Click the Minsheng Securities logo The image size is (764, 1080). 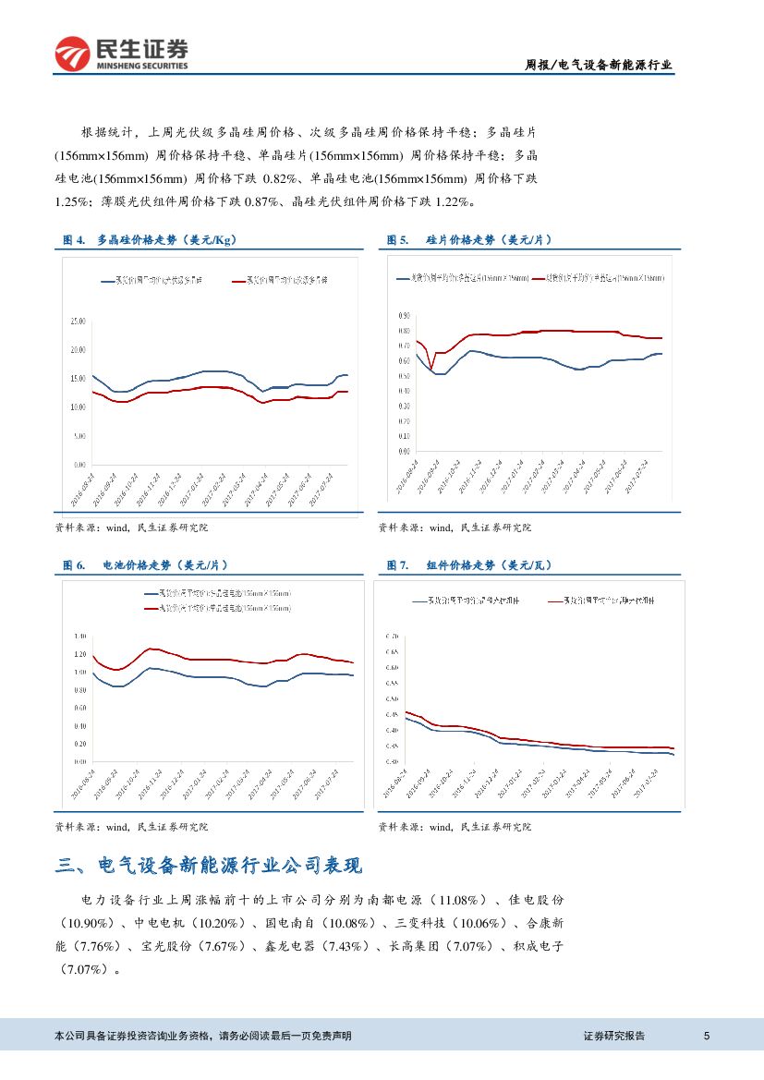tap(121, 55)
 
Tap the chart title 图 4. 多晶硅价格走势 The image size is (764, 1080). tap(149, 240)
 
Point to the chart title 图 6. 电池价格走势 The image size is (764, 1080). tap(145, 564)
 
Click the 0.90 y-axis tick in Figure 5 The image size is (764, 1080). tap(404, 316)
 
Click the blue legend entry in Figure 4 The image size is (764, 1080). tap(157, 278)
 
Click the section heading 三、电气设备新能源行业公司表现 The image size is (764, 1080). tap(209, 866)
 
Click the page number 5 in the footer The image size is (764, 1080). tap(707, 1036)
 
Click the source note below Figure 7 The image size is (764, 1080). tap(455, 827)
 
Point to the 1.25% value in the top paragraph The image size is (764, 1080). tap(73, 201)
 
